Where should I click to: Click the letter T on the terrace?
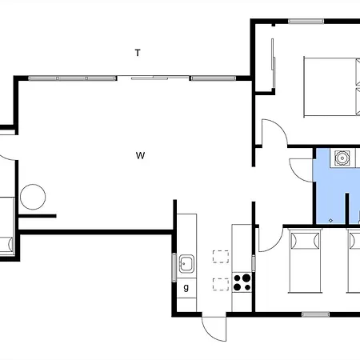[x=138, y=53]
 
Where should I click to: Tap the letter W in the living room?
[x=140, y=155]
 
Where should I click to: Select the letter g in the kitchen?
[x=186, y=287]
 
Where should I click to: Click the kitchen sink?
[x=186, y=263]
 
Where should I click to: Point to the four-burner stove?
[x=242, y=282]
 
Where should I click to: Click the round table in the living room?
[x=33, y=197]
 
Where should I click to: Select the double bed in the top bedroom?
[x=332, y=86]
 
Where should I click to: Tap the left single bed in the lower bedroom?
[x=305, y=261]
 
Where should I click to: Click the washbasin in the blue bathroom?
[x=342, y=158]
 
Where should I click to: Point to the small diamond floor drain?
[x=330, y=221]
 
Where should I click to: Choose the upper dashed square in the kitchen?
[x=221, y=257]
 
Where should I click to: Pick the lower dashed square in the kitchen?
[x=221, y=284]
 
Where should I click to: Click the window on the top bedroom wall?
[x=306, y=22]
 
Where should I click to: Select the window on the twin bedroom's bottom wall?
[x=316, y=314]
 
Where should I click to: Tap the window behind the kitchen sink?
[x=174, y=267]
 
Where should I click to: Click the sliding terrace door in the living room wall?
[x=154, y=78]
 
